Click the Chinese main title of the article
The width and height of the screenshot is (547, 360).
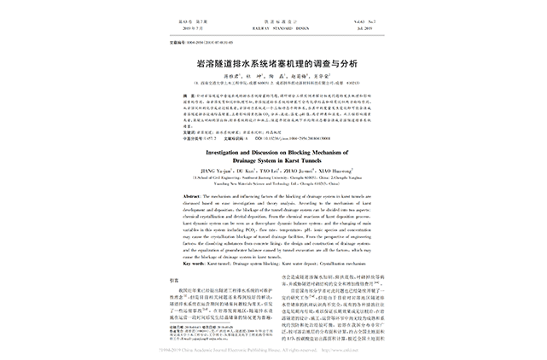[274, 63]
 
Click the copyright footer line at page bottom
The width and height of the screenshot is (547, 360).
[273, 349]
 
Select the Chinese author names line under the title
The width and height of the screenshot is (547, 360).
[273, 75]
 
